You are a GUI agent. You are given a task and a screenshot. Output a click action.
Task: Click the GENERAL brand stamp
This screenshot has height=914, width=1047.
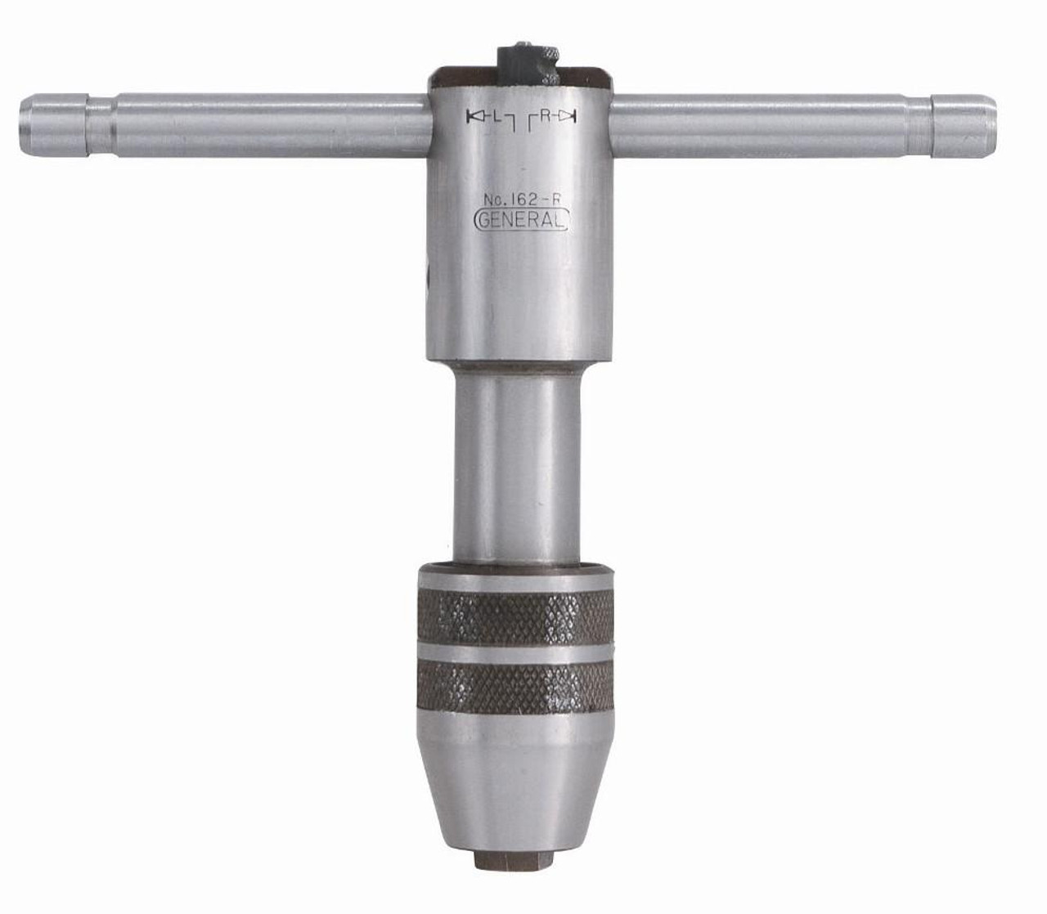(x=521, y=221)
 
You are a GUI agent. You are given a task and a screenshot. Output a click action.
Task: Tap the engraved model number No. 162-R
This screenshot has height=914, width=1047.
(x=521, y=198)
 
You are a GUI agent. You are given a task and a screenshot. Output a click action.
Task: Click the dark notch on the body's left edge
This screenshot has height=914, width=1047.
(x=431, y=270)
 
